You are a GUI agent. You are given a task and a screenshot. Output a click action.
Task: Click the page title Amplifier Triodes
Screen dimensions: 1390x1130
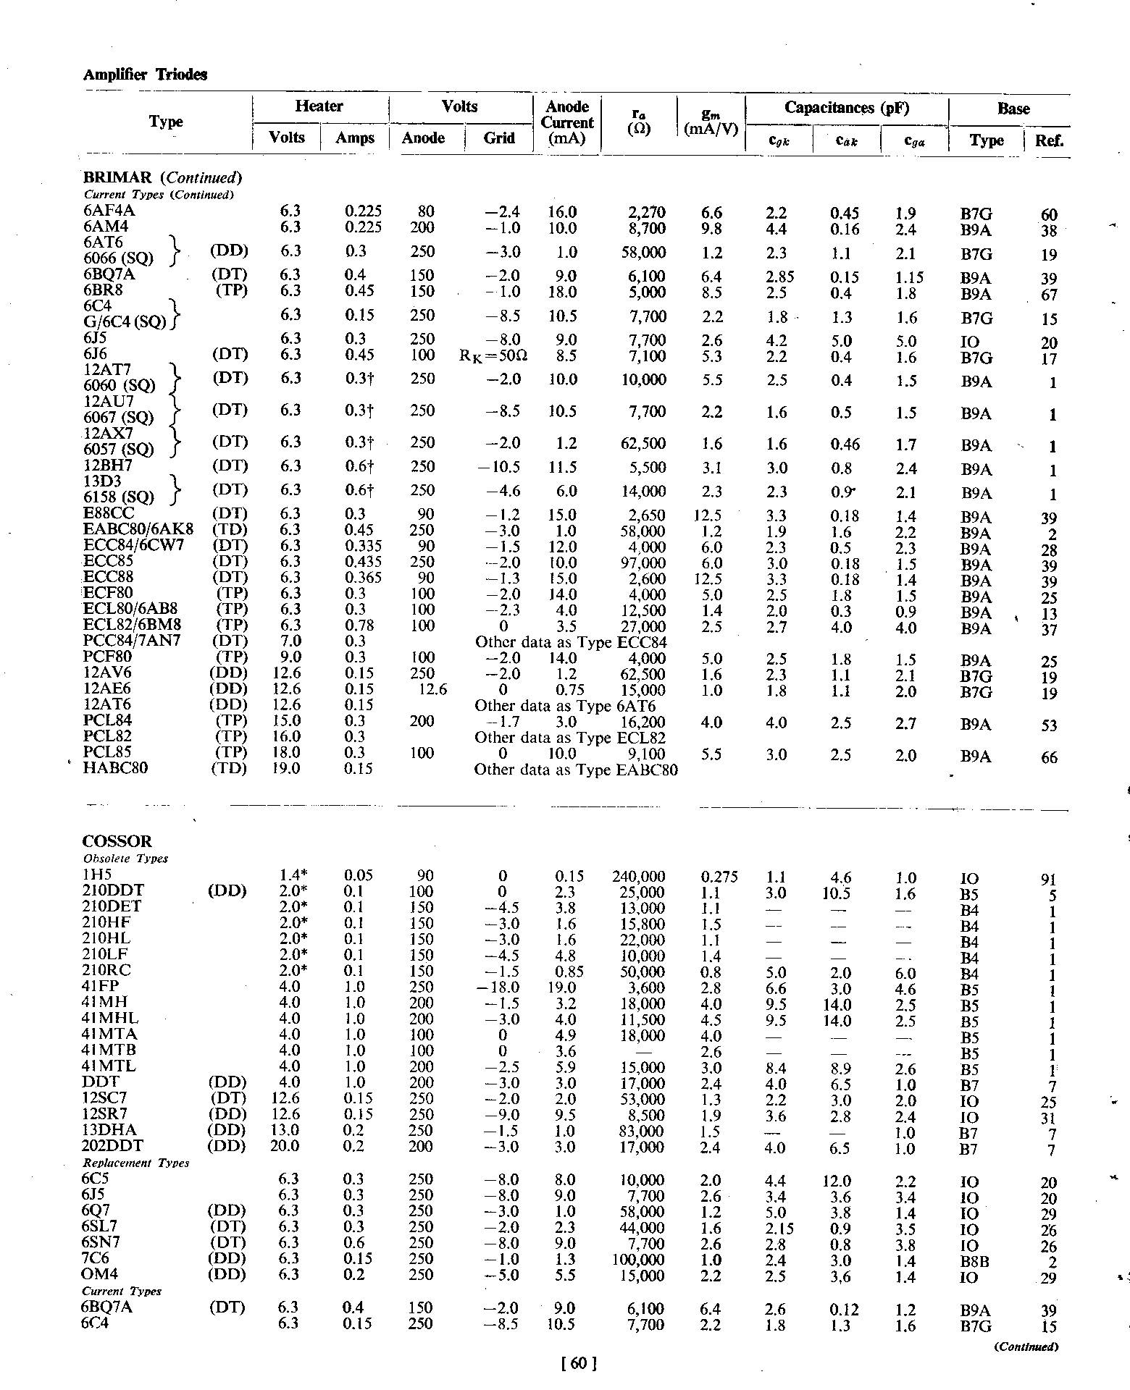click(145, 75)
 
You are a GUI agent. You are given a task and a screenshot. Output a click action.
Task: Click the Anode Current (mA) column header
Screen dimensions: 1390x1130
click(566, 122)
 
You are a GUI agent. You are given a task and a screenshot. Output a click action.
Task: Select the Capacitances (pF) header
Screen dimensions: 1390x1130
click(846, 108)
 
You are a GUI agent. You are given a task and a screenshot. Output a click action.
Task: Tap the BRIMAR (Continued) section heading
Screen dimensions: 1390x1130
click(162, 178)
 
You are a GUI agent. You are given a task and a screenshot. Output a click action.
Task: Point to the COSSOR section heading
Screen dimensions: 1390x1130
click(117, 841)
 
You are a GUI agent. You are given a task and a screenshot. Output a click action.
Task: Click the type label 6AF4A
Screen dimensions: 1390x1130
click(109, 211)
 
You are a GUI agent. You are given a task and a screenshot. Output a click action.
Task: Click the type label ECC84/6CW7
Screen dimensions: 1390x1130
click(138, 545)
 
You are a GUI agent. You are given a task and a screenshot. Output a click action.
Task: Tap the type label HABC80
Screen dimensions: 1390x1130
click(116, 768)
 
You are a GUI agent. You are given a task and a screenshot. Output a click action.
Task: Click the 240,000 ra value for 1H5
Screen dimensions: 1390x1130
click(638, 877)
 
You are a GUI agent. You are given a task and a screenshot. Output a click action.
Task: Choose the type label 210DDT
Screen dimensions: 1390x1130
click(113, 890)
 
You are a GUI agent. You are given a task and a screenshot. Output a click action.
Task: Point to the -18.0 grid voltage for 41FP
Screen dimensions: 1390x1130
click(498, 987)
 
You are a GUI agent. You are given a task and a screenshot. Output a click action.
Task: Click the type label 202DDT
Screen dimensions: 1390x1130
click(113, 1146)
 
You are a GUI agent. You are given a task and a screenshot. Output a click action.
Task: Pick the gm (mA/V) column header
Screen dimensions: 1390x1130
click(711, 122)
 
